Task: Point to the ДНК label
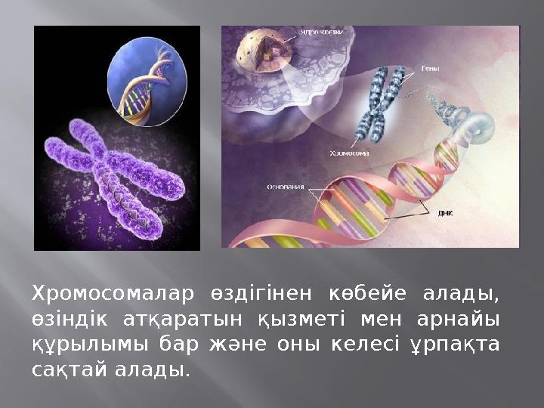coord(446,212)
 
